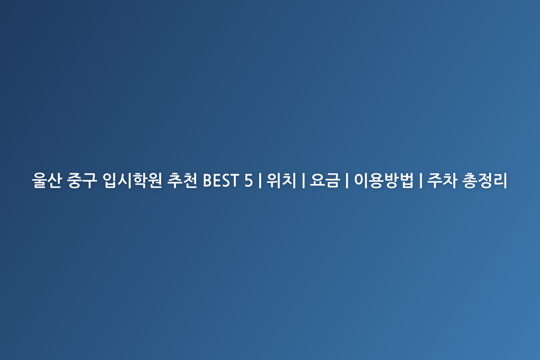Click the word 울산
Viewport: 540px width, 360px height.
(47, 180)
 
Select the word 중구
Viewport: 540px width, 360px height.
(82, 180)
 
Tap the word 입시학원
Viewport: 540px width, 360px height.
(132, 180)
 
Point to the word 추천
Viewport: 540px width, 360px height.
(182, 180)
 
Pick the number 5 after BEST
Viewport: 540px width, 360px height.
(248, 180)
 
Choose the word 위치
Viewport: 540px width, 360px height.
(281, 180)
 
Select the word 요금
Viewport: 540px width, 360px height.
(325, 180)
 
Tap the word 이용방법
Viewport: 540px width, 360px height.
(383, 180)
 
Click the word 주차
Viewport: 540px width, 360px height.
(442, 180)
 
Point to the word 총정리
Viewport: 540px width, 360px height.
(485, 180)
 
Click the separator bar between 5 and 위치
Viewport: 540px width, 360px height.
(260, 180)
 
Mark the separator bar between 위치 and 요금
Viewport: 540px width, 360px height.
(303, 180)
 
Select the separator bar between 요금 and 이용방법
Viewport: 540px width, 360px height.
(347, 180)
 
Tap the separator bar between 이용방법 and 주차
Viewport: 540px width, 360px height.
(421, 180)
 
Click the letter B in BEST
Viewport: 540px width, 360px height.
(207, 180)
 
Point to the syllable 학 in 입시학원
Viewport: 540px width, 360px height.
(139, 180)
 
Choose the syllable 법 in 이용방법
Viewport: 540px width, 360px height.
(406, 180)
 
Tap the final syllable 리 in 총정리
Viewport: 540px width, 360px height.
(500, 180)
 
